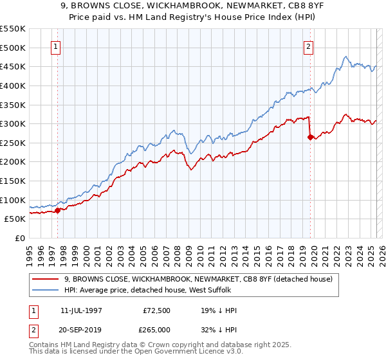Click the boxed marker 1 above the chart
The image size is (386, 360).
pyautogui.click(x=57, y=46)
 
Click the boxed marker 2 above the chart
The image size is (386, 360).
pyautogui.click(x=309, y=46)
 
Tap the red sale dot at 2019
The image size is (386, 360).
pyautogui.click(x=310, y=137)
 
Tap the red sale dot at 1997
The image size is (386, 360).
pyautogui.click(x=57, y=210)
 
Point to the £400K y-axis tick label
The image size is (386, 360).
pyautogui.click(x=13, y=85)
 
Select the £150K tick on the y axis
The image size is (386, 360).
pyautogui.click(x=13, y=181)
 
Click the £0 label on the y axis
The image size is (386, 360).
pyautogui.click(x=19, y=238)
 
